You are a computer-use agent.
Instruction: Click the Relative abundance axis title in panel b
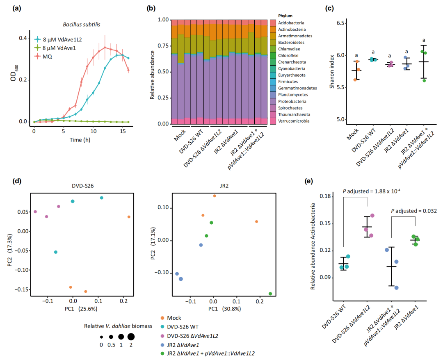152,72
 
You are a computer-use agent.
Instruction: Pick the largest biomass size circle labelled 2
131,337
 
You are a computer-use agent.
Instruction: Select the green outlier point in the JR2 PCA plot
270,294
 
